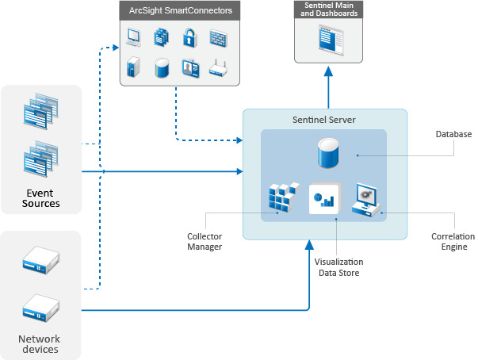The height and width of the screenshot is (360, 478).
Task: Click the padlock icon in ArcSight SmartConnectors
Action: point(189,36)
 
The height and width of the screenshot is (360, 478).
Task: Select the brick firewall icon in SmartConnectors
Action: point(218,36)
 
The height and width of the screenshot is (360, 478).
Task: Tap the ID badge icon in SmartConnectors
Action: point(189,68)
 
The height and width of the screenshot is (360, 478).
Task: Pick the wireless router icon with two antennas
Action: point(218,70)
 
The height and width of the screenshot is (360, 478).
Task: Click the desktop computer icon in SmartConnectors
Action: point(133,36)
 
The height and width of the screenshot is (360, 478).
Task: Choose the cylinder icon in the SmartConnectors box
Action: point(162,68)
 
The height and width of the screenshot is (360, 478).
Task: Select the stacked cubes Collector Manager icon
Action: point(282,198)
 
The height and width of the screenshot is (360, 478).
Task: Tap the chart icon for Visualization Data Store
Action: point(323,198)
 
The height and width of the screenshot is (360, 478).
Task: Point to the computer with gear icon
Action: point(367,197)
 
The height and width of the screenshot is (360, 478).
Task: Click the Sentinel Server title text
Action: point(324,119)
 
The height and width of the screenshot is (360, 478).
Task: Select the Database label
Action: point(453,134)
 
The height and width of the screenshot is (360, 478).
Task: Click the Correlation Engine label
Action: point(453,241)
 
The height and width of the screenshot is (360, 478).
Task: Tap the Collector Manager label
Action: point(205,241)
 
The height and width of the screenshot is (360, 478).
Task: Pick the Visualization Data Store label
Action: point(338,266)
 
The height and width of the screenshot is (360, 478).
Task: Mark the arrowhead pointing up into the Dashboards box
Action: point(328,71)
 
